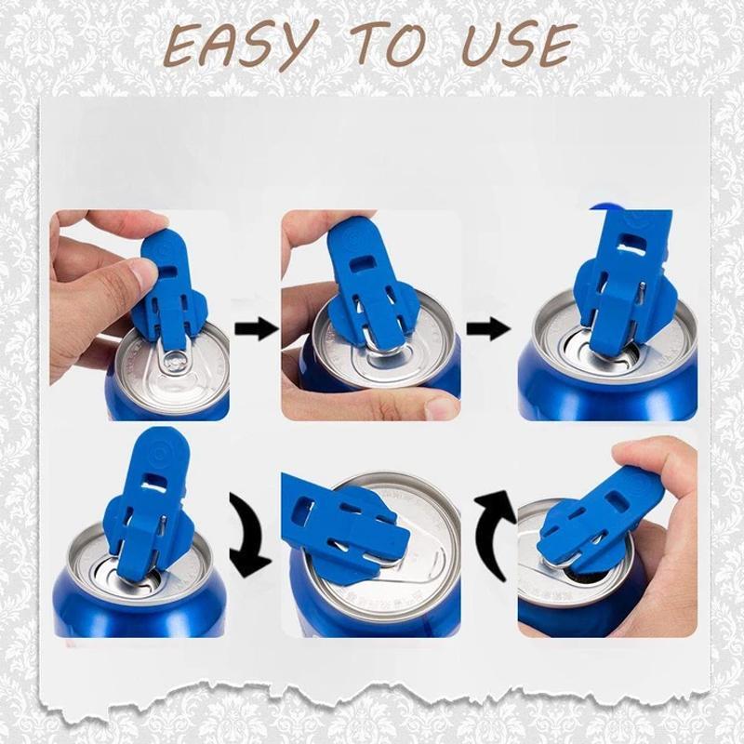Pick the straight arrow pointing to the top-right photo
coord(487,327)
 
